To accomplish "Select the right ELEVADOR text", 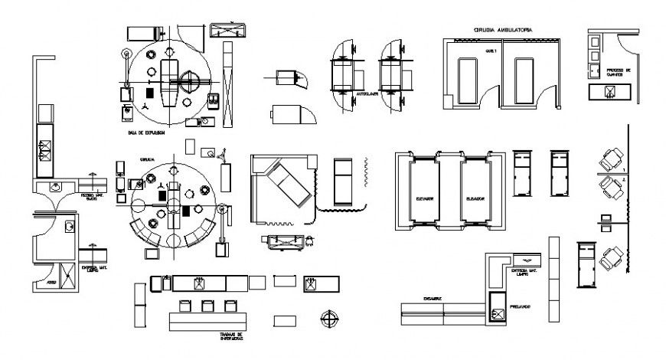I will pyautogui.click(x=475, y=198).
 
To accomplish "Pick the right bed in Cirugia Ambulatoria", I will pyautogui.click(x=524, y=81).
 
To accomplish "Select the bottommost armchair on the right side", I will pyautogui.click(x=610, y=258).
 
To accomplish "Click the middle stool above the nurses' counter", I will pyautogui.click(x=207, y=306).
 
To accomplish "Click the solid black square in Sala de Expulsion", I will pyautogui.click(x=150, y=91).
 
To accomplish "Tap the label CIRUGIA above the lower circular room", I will pyautogui.click(x=147, y=159).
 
